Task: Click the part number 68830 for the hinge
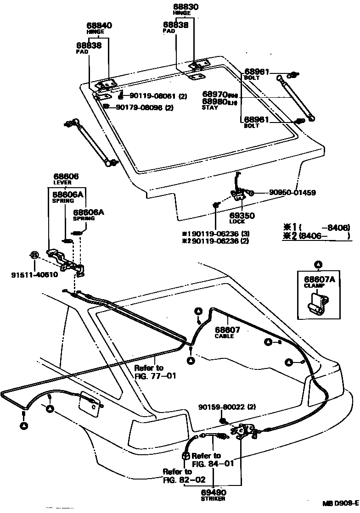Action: click(x=186, y=8)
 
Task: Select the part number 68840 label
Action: click(x=99, y=26)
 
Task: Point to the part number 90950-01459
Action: click(x=286, y=193)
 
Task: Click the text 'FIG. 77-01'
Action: click(x=155, y=376)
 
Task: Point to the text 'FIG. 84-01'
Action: click(x=213, y=463)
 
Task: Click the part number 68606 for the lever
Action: click(x=66, y=176)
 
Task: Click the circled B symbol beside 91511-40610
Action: click(x=34, y=255)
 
